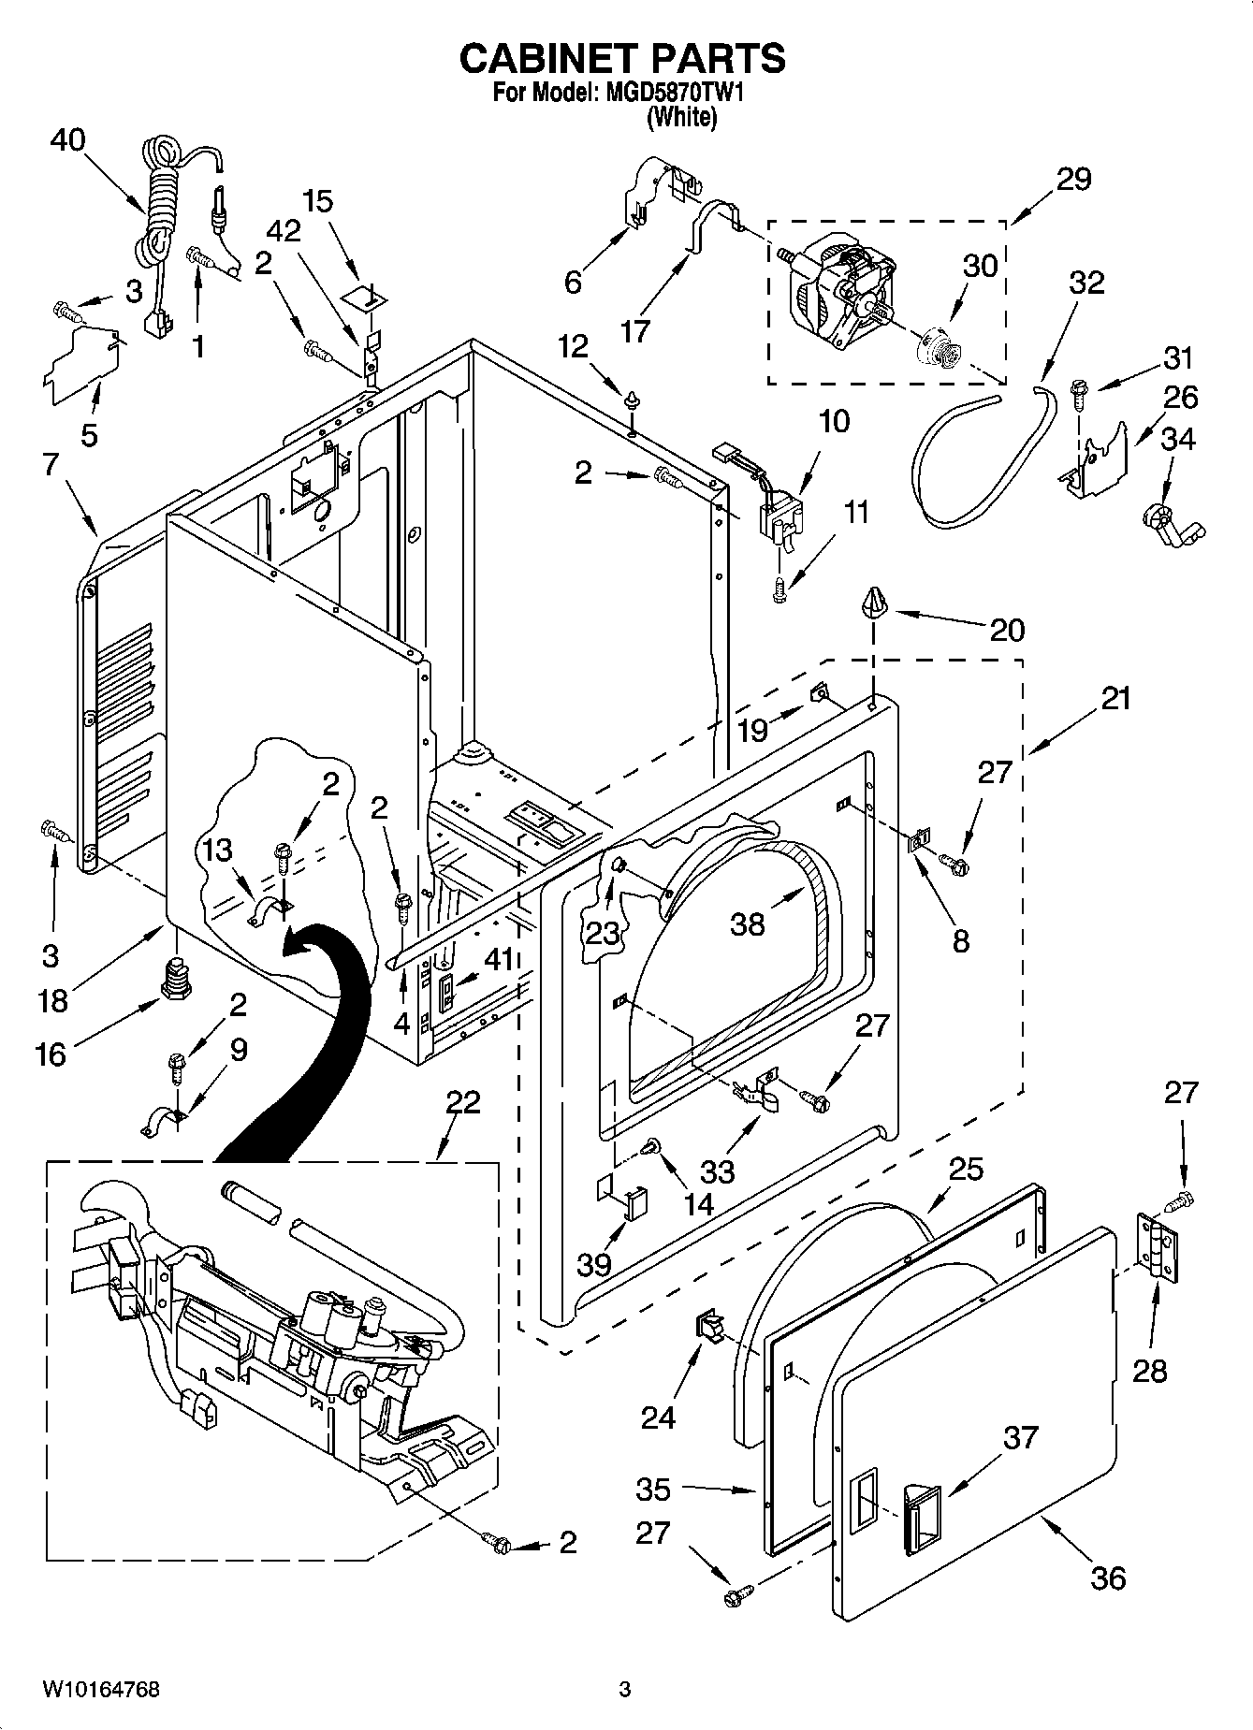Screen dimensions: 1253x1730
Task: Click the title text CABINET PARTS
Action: coord(622,58)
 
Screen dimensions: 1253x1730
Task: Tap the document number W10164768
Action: coord(100,1690)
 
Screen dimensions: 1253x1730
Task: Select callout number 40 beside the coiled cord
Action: coord(67,140)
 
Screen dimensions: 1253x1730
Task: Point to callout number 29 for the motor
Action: coord(1073,179)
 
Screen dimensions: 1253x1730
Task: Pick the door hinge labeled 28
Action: coord(1157,1245)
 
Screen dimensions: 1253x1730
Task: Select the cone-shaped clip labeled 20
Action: coord(874,604)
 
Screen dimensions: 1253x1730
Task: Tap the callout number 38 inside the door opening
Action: coord(749,923)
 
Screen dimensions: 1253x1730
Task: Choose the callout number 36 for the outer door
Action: coord(1108,1578)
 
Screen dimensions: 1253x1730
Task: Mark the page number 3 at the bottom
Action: coord(625,1690)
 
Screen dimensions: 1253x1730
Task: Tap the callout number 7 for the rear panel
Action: coord(51,463)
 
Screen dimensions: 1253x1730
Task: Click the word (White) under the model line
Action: coord(682,118)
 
